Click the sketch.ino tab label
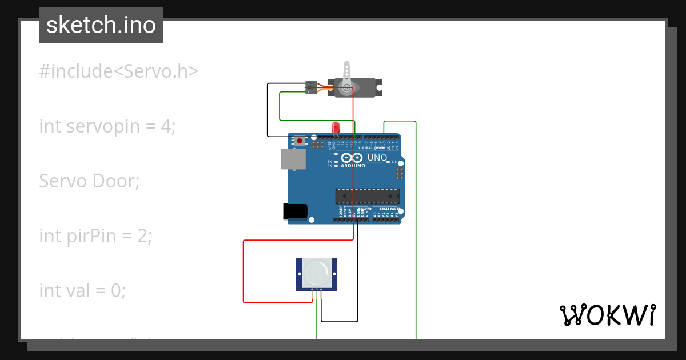click(101, 25)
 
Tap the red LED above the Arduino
click(336, 127)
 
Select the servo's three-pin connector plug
click(312, 87)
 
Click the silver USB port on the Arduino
click(292, 159)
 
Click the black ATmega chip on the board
click(367, 196)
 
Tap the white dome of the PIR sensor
click(316, 273)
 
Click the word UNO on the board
click(377, 158)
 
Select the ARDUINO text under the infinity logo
click(353, 166)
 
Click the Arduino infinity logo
click(352, 158)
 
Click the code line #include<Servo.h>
click(119, 71)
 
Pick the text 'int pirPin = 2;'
click(95, 235)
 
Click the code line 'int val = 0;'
click(82, 290)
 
